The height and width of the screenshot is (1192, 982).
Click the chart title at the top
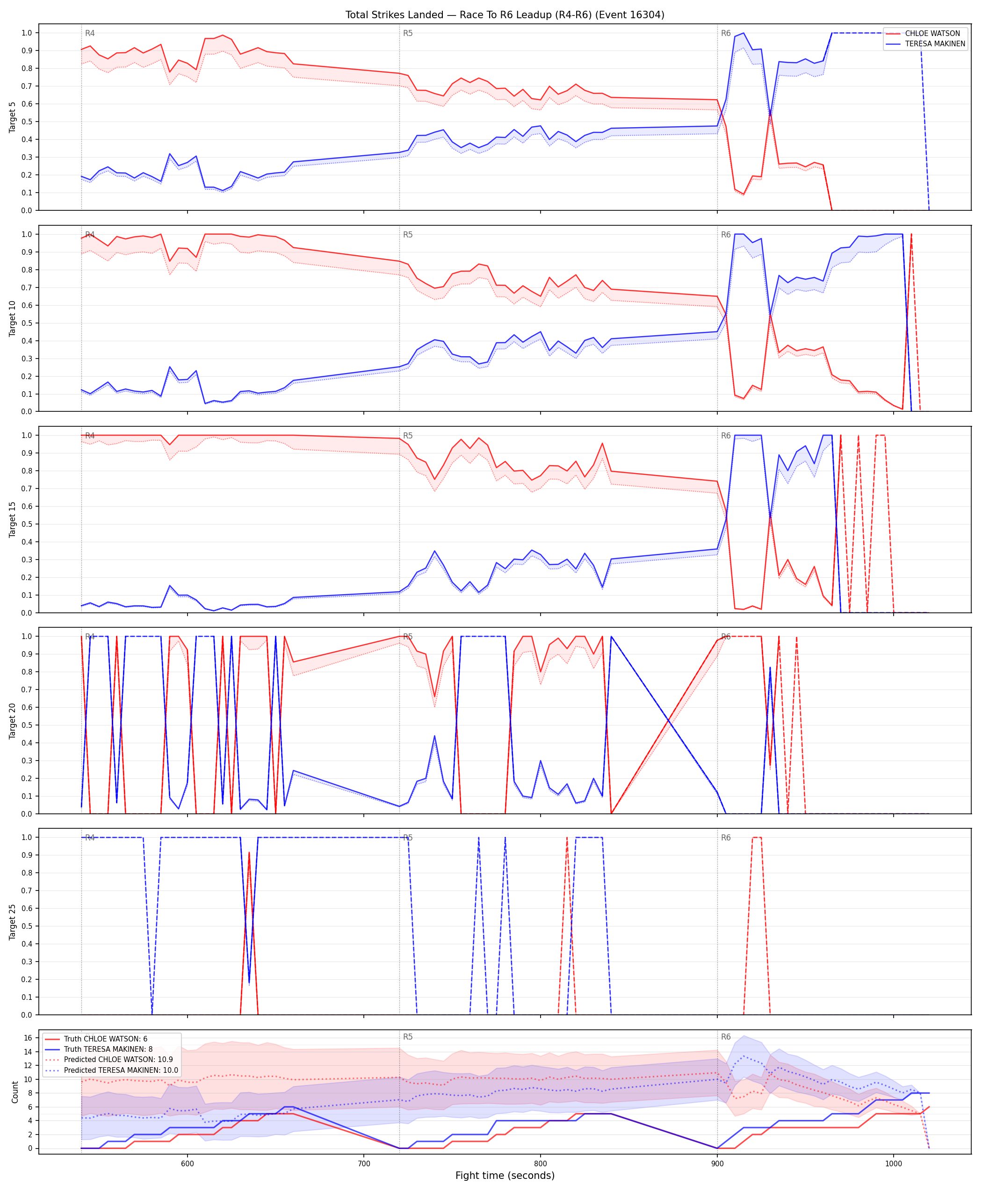(x=505, y=14)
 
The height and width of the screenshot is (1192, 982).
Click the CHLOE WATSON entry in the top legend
(x=932, y=33)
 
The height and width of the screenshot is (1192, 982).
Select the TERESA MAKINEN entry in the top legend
(x=935, y=43)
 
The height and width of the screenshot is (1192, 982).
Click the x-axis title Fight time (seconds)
(x=505, y=1176)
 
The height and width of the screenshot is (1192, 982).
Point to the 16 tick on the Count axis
(x=27, y=1038)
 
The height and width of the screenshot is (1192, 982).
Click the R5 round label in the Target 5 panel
(x=408, y=33)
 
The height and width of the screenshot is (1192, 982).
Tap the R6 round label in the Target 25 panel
(x=726, y=838)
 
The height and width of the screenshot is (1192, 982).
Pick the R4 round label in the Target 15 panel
(x=90, y=435)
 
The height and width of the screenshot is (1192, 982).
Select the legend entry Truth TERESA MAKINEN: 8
(x=108, y=1049)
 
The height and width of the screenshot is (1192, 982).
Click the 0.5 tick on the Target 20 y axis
(x=27, y=725)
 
